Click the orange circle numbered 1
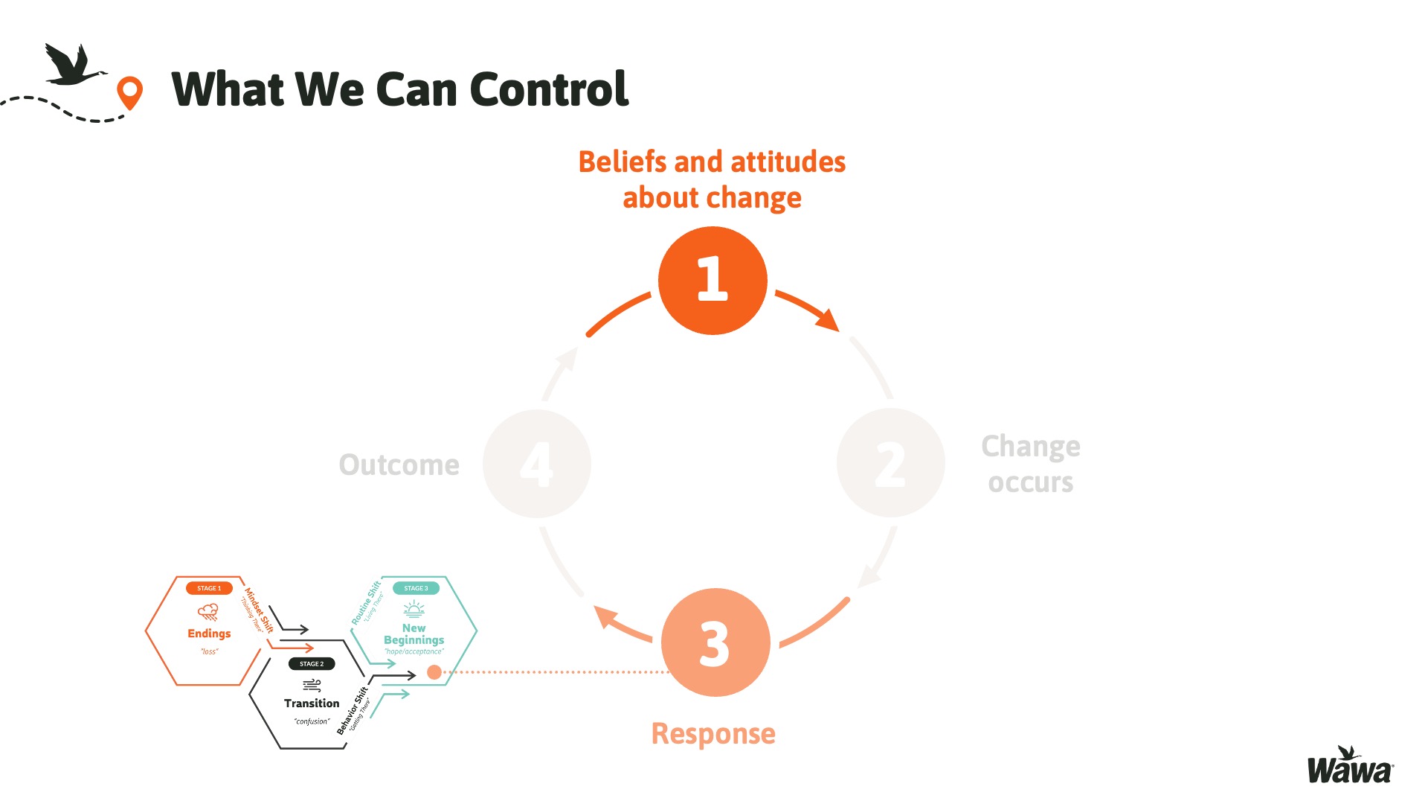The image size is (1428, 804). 713,281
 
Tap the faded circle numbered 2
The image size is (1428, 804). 890,463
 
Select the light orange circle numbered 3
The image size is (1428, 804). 715,642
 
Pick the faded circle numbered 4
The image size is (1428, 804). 536,464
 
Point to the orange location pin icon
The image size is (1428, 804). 129,92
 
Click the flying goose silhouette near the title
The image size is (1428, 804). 72,66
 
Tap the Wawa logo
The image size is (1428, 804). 1350,768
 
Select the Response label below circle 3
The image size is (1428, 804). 713,734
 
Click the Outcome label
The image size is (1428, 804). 399,465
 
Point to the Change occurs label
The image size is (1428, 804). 1030,464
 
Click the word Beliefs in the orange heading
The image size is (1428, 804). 622,162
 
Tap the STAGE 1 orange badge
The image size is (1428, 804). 209,588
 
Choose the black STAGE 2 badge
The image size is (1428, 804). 312,663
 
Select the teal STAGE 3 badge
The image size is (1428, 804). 416,588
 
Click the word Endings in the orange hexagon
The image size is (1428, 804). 209,634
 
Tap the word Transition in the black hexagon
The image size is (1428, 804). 312,703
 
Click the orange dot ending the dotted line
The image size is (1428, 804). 434,672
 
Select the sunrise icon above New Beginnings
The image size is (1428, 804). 414,610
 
